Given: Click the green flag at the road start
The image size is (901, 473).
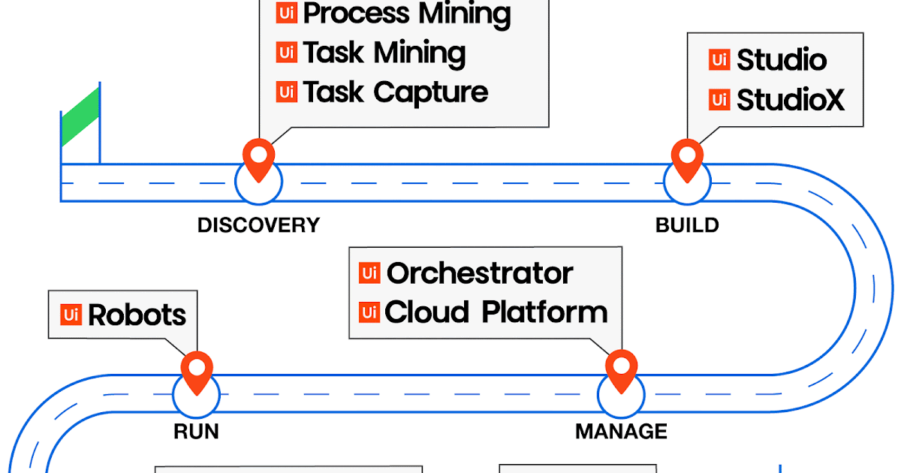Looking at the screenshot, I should tap(80, 117).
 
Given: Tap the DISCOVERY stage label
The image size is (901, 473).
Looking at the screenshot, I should tap(258, 225).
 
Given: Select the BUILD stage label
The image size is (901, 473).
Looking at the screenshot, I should tap(687, 225).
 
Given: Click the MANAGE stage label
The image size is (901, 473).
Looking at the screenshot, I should tap(621, 432).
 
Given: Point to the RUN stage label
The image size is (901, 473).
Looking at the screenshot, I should tap(196, 432).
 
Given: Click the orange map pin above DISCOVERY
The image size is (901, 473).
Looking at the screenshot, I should tap(258, 158).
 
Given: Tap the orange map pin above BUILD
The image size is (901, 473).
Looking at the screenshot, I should tap(687, 158).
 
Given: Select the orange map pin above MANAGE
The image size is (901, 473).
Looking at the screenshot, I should tap(621, 369).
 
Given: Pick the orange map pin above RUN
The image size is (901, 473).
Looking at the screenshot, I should tap(197, 370).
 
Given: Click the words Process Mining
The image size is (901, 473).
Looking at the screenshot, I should tap(407, 14).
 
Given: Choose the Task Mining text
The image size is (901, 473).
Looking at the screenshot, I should tap(384, 53).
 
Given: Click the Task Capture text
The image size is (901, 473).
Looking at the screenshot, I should tap(395, 92).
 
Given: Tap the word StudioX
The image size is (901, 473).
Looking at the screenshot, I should tap(790, 99).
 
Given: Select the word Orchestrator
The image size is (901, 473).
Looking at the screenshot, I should tap(479, 273).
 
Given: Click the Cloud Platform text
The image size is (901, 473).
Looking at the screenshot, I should tap(496, 312).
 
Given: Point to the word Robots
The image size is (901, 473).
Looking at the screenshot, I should tap(137, 315).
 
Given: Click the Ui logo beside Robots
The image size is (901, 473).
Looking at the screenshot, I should tap(71, 314).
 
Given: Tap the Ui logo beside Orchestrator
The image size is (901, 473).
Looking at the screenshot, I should tap(369, 273).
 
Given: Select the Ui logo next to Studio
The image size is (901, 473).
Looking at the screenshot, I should tap(719, 60).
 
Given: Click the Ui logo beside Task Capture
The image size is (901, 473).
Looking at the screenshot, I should tap(286, 92).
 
